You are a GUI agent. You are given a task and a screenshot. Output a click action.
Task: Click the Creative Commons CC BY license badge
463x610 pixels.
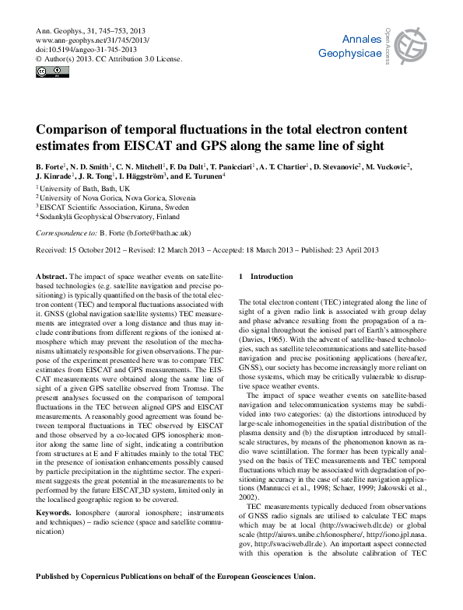[x=52, y=71]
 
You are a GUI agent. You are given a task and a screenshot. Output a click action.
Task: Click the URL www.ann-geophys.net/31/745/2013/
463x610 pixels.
[x=93, y=39]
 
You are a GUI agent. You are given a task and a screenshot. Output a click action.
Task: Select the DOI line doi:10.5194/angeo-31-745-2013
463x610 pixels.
[x=86, y=48]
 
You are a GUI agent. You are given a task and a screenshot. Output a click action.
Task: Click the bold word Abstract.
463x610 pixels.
[x=51, y=277]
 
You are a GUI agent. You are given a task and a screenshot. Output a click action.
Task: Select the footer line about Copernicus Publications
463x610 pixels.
[x=176, y=577]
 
